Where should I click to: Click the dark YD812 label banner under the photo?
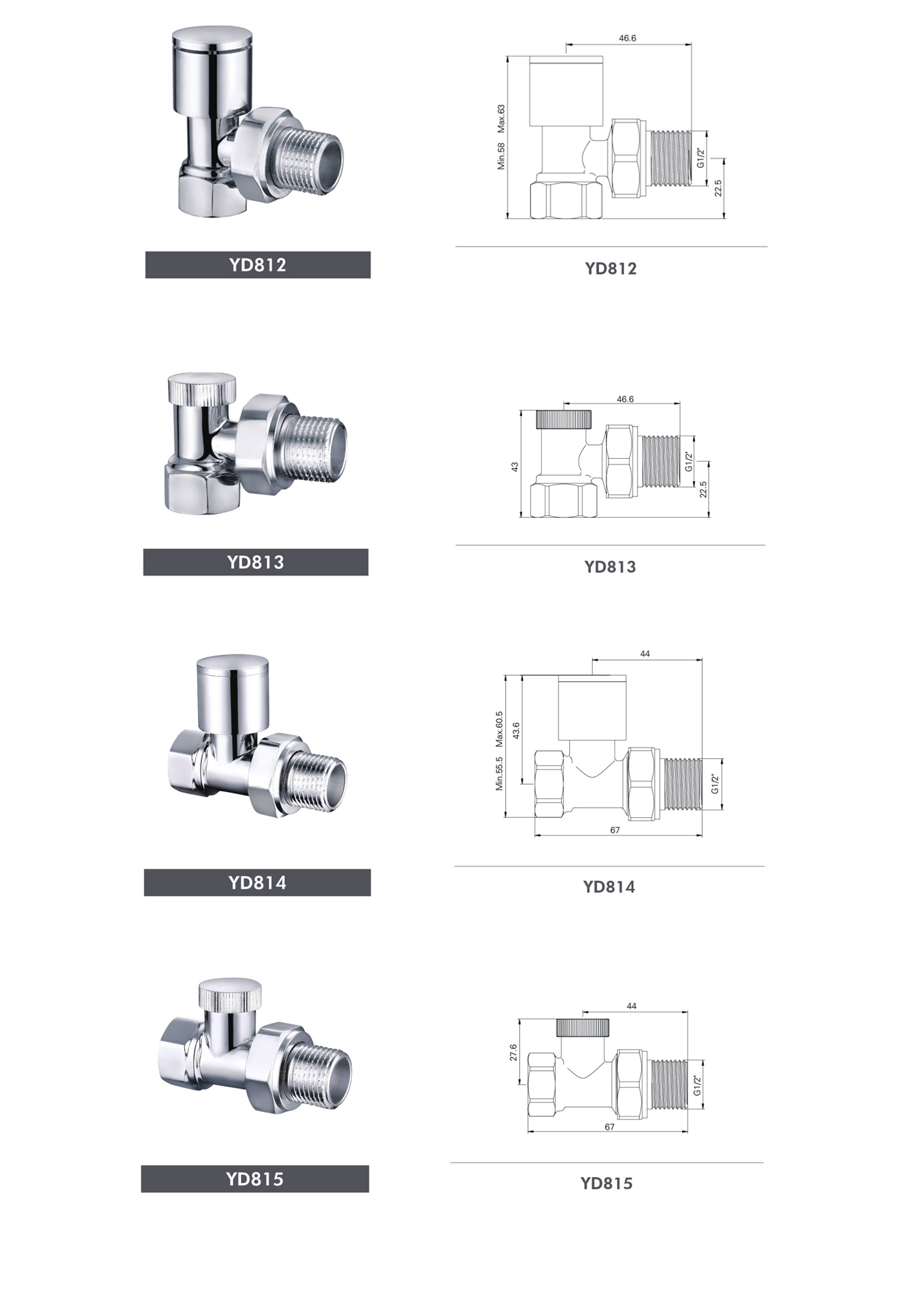click(x=258, y=265)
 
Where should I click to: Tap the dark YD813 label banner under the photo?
click(x=255, y=562)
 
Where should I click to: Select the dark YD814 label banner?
click(x=257, y=882)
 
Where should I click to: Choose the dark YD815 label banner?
click(x=255, y=1179)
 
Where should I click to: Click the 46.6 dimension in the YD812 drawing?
click(x=627, y=38)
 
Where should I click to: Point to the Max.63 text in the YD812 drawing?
click(x=502, y=118)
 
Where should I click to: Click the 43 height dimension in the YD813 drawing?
click(x=515, y=466)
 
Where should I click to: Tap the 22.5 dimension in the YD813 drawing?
click(x=703, y=489)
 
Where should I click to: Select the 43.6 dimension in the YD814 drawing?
click(x=516, y=731)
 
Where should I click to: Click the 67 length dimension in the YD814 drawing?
click(x=615, y=830)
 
